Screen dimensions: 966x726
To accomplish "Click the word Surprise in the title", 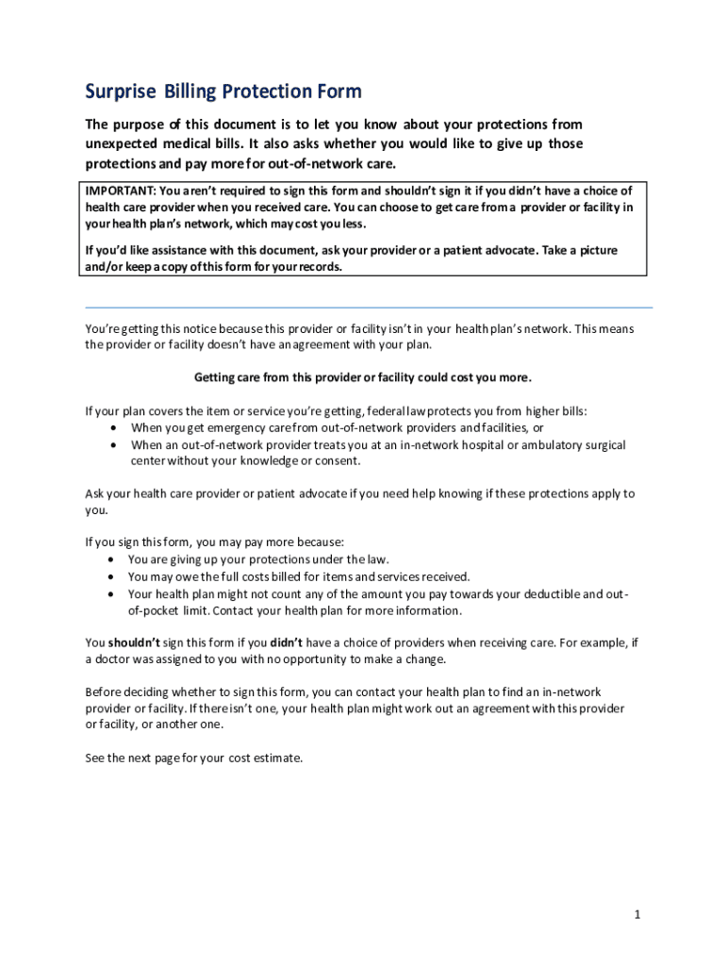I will (122, 92).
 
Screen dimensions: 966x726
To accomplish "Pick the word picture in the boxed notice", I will (598, 250).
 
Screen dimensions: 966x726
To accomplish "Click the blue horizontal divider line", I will (369, 308).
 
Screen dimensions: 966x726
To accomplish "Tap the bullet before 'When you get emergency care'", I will (114, 427).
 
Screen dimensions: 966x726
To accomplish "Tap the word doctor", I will (115, 659).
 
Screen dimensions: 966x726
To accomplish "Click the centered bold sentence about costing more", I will (363, 377).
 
